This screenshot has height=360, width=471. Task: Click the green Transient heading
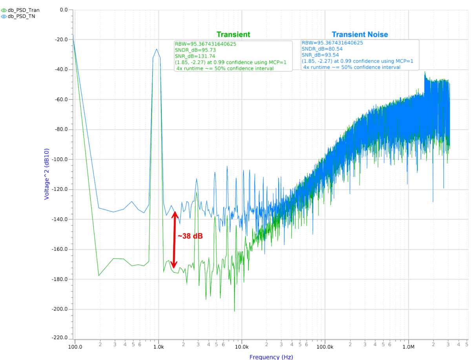tap(234, 35)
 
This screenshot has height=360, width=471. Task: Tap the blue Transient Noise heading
tap(360, 35)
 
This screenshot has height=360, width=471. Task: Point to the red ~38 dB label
tap(190, 236)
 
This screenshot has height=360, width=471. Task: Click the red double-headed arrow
tap(174, 239)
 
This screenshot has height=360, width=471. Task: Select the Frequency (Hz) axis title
tap(271, 356)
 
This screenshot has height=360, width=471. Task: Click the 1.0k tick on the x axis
tap(159, 347)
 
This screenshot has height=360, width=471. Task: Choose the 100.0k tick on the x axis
tap(325, 347)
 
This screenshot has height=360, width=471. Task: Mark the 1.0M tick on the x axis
tap(408, 347)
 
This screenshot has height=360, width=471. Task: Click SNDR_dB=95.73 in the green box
tap(195, 50)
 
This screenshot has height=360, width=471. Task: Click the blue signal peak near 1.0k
tap(157, 49)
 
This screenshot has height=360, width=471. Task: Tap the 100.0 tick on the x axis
tap(75, 347)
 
